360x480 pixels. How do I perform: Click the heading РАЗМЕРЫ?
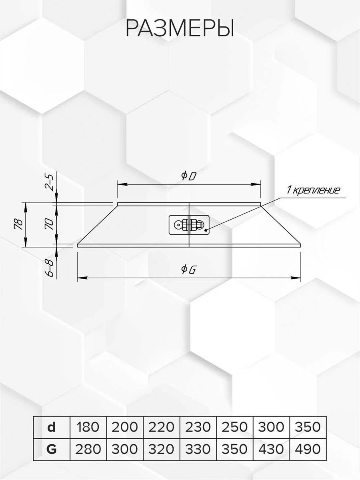(x=180, y=28)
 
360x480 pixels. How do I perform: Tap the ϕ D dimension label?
(x=188, y=176)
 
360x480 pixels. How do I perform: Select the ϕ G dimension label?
(x=188, y=270)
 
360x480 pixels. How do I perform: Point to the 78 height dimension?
(x=18, y=224)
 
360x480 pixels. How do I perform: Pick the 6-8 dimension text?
(x=50, y=268)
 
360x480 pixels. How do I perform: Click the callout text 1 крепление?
(x=313, y=190)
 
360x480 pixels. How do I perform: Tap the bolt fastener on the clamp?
(x=189, y=224)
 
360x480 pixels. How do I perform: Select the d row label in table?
(x=51, y=427)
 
